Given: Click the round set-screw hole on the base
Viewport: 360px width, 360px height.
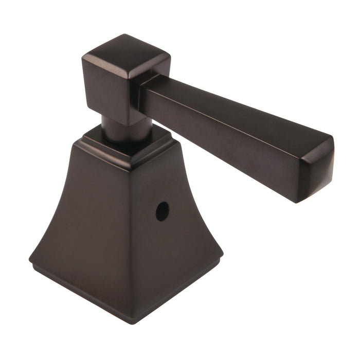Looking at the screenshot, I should (x=162, y=211).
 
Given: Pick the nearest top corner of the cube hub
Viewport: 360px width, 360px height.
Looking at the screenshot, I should (x=129, y=77).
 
